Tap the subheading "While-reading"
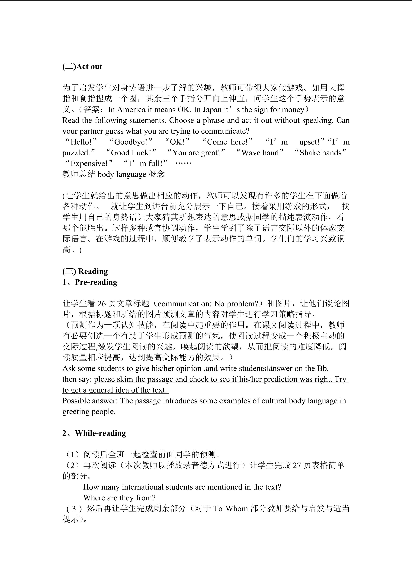coord(100,433)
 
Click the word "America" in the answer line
coord(131,110)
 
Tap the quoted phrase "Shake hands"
coord(320,153)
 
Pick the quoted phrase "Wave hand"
coord(260,153)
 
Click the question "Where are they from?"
coord(119,498)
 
